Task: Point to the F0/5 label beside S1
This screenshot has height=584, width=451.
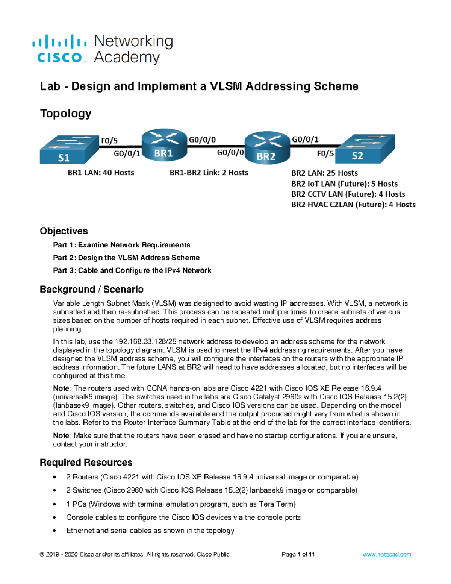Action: pos(109,141)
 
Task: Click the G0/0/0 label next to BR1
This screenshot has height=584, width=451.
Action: pos(202,140)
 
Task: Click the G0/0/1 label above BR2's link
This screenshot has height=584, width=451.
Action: pos(305,140)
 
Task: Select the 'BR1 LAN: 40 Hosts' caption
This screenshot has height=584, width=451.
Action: pos(101,173)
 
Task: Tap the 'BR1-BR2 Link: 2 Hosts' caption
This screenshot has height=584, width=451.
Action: pos(209,173)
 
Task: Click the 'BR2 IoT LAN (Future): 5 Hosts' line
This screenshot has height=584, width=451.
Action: pos(344,184)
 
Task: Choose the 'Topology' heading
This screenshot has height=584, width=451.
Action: pos(66,113)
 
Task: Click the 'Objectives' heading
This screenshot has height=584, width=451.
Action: pos(64,231)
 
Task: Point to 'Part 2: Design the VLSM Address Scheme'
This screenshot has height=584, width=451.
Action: pos(126,258)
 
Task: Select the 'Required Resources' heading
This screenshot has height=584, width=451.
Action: pos(86,462)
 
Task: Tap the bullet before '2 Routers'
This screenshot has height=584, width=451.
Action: pos(55,477)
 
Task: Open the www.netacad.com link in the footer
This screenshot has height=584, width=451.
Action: pos(387,554)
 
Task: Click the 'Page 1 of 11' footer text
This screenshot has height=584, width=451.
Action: pos(298,554)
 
